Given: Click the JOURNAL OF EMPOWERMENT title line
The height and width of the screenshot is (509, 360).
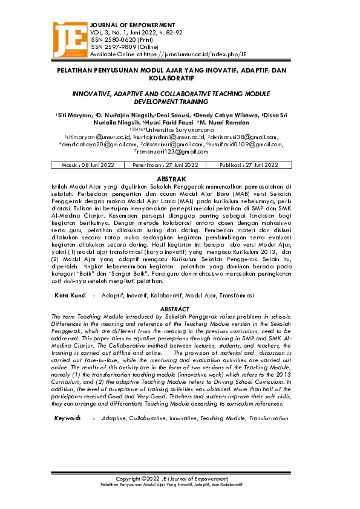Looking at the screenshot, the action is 133,25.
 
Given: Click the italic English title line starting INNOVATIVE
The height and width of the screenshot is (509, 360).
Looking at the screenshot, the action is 179,95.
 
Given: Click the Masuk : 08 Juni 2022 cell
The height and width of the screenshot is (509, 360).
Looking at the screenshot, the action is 88,164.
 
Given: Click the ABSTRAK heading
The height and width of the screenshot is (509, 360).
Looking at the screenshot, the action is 179,180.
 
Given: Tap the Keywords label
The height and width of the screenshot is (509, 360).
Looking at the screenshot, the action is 67,418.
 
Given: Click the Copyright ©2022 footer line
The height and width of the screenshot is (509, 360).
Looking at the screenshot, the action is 179,478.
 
